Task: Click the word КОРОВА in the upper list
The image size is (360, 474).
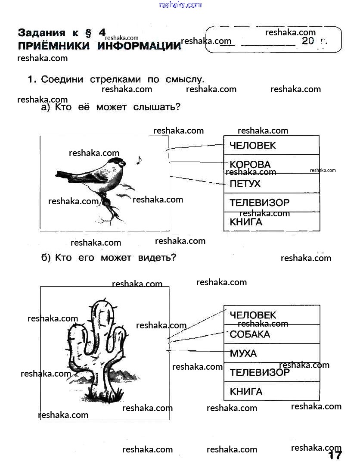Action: pyautogui.click(x=250, y=164)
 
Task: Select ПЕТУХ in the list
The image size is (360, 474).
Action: pyautogui.click(x=245, y=184)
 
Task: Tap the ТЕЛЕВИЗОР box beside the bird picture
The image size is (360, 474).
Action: pyautogui.click(x=259, y=203)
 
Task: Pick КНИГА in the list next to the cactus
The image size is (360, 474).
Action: pyautogui.click(x=246, y=392)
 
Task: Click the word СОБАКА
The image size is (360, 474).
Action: pyautogui.click(x=250, y=334)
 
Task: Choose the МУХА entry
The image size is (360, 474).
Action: pyautogui.click(x=243, y=354)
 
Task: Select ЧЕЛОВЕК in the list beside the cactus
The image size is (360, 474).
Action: pyautogui.click(x=253, y=315)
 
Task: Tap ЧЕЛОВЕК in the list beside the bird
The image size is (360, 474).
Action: pyautogui.click(x=252, y=146)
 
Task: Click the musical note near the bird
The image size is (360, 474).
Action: pyautogui.click(x=139, y=160)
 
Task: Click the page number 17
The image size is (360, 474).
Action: pyautogui.click(x=335, y=455)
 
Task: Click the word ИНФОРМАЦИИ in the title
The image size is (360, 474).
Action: pyautogui.click(x=139, y=46)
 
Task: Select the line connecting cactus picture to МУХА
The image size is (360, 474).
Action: pyautogui.click(x=198, y=351)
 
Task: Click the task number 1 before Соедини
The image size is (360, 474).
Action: pyautogui.click(x=31, y=79)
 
